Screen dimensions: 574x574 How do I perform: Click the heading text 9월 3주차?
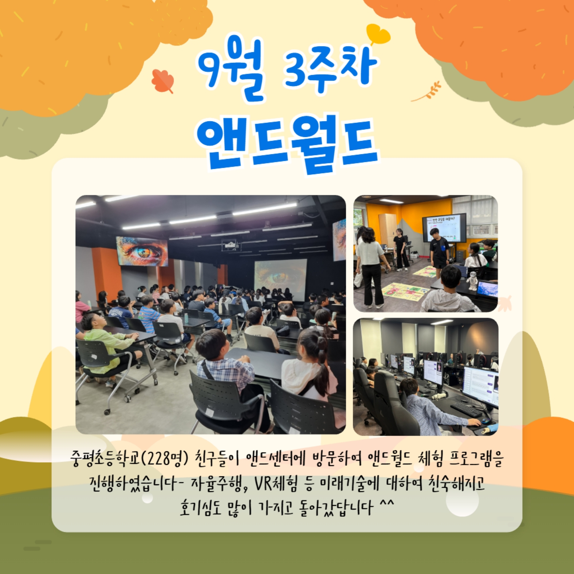287,69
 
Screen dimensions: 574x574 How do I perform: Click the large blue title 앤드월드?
287,144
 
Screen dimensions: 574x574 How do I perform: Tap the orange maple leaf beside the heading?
163,81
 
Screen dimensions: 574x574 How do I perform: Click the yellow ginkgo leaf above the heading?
378,34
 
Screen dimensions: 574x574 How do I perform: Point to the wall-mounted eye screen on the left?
142,251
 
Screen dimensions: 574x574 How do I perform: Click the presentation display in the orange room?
444,228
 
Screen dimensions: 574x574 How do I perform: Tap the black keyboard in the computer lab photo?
466,410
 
